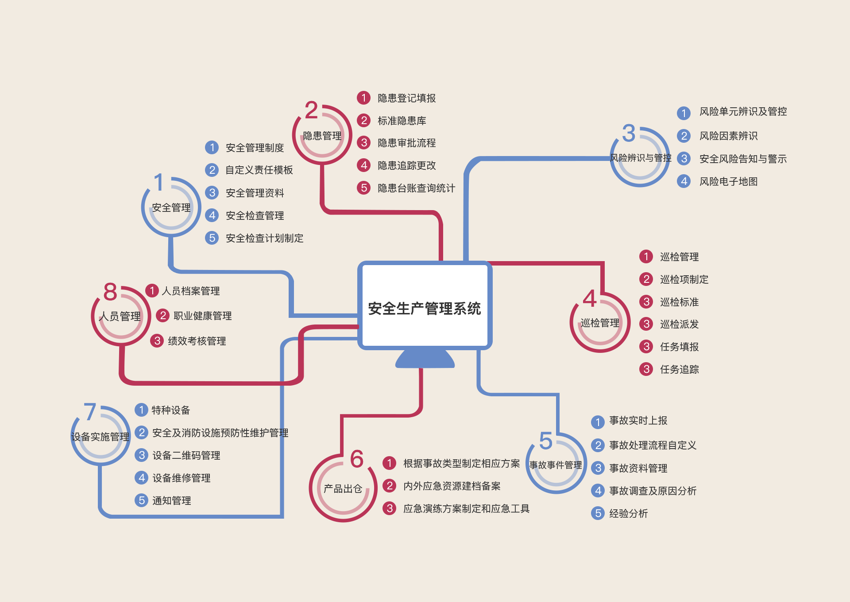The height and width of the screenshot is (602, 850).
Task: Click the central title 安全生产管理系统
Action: [x=424, y=309]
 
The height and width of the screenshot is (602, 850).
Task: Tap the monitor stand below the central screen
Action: [x=425, y=359]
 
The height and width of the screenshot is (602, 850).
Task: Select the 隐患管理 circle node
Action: [x=322, y=135]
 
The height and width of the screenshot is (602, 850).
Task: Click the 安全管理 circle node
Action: [x=171, y=207]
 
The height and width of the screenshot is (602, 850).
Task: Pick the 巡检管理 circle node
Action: [x=599, y=323]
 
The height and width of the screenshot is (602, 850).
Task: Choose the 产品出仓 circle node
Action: [x=343, y=489]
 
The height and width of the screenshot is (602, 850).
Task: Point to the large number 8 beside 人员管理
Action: [x=110, y=292]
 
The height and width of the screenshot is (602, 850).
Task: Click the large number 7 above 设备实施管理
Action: [x=90, y=412]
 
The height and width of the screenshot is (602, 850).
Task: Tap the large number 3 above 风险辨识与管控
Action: [x=629, y=133]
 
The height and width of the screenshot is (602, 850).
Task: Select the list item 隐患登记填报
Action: [x=406, y=98]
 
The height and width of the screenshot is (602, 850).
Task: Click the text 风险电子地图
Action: [x=728, y=181]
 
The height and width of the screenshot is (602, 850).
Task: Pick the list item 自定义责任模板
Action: [x=259, y=170]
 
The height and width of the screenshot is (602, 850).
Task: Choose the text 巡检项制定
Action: [x=684, y=279]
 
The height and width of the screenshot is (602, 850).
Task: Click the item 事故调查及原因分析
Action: [x=653, y=491]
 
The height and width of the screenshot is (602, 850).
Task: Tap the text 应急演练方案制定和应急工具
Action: [x=466, y=508]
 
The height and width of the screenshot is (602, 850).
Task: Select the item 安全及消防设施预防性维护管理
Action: [x=220, y=433]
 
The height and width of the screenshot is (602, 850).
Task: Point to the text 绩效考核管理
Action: [x=197, y=341]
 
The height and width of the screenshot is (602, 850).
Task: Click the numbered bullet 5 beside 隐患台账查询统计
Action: [x=363, y=188]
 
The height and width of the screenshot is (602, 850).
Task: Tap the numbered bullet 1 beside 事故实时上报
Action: [x=598, y=422]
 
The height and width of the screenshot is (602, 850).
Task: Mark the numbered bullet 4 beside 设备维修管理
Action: [x=141, y=478]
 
